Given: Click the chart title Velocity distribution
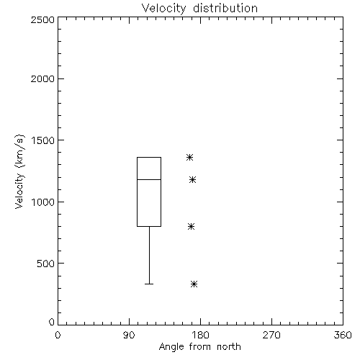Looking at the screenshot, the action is [x=199, y=8].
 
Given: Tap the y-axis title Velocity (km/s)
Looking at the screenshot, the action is [x=19, y=171].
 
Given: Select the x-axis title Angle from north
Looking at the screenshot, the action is [x=199, y=347].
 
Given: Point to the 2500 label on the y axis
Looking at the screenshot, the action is [x=42, y=19].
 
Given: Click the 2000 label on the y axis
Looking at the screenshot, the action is [x=42, y=78].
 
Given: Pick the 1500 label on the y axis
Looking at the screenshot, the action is [x=43, y=140].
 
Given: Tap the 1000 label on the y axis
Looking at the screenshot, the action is [x=43, y=202].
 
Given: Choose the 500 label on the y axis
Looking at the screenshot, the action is [x=46, y=264].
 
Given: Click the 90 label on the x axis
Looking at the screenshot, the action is [x=129, y=335].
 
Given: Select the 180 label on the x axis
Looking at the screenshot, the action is [x=200, y=335].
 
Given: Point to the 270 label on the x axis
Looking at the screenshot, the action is [x=271, y=335].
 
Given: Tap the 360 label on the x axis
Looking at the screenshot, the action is [x=343, y=335].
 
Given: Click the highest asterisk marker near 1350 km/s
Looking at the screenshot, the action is [x=190, y=158].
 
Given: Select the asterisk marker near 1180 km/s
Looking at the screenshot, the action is [x=192, y=179].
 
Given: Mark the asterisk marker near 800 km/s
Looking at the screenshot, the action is [x=191, y=226].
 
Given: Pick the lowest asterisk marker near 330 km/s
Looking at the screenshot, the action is [x=194, y=284].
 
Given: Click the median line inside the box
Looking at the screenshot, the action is [x=149, y=179].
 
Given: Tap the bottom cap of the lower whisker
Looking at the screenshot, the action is [x=149, y=284].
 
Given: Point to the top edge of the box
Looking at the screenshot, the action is [x=149, y=158].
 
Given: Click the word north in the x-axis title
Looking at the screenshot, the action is [x=229, y=347].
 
